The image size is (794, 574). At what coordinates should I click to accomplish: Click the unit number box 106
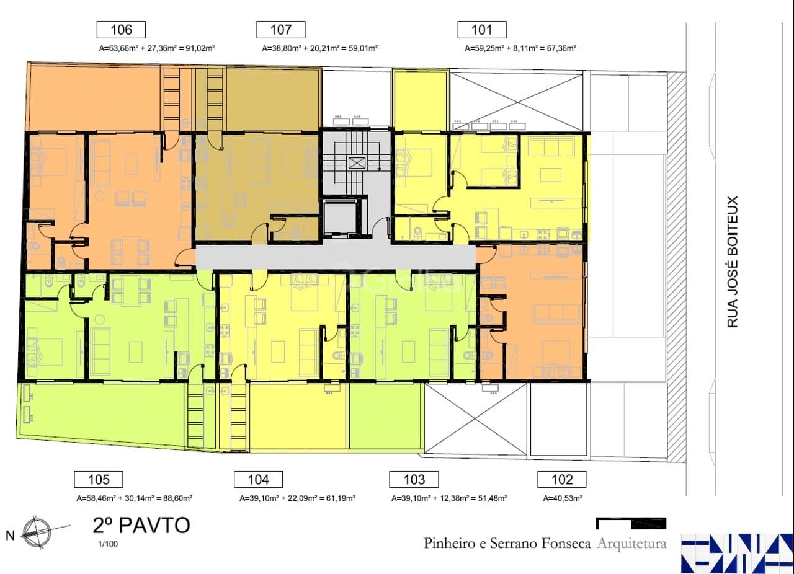point(121,30)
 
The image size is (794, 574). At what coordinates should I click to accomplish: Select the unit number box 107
point(281,30)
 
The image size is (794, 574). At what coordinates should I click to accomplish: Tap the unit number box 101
point(482,30)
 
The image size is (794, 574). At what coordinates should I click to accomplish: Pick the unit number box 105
point(99,479)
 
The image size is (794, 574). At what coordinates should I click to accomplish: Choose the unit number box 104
point(258,479)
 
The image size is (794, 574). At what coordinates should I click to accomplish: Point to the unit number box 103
point(414,479)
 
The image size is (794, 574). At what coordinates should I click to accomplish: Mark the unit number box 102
point(562,479)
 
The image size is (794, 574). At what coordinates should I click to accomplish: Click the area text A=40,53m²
point(563,498)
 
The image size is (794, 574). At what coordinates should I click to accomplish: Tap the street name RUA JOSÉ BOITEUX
point(733,262)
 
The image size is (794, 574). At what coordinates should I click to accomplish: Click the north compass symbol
point(37,532)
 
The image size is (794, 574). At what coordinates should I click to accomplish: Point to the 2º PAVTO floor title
point(141,526)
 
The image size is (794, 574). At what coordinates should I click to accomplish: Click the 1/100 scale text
point(108,544)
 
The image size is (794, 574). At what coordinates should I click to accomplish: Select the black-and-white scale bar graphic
point(631,523)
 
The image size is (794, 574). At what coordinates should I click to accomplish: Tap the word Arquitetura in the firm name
point(631,544)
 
